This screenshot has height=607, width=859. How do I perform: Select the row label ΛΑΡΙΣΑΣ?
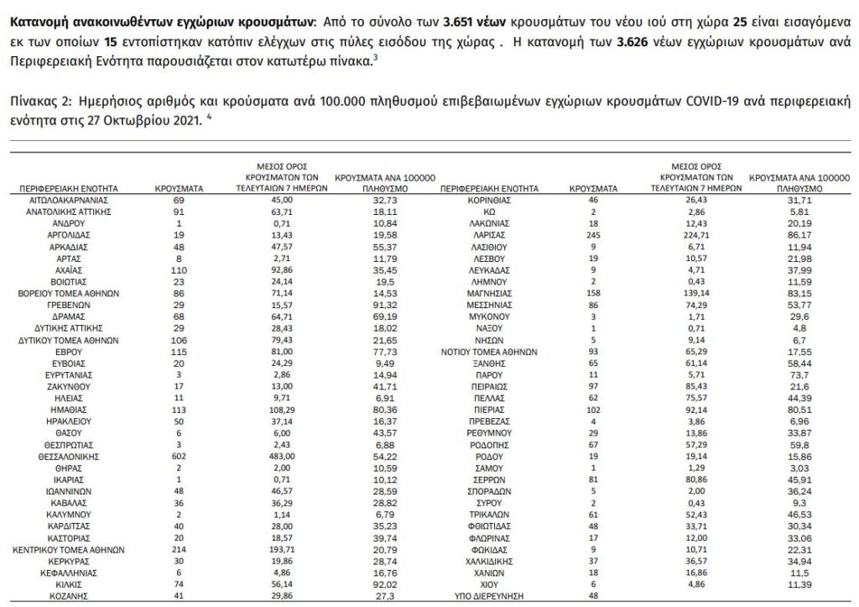(x=487, y=238)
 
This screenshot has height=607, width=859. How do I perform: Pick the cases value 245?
(x=593, y=238)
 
